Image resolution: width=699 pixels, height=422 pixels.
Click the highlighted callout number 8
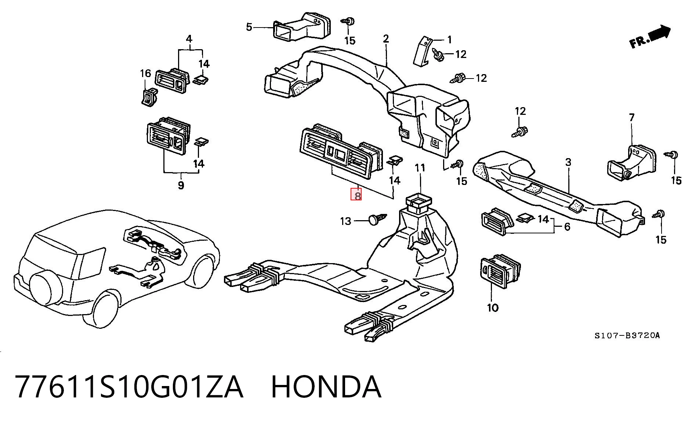[356, 194]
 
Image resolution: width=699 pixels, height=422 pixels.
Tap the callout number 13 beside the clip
[346, 221]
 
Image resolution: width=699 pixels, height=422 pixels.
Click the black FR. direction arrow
[659, 33]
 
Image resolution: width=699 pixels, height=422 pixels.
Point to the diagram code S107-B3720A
[627, 335]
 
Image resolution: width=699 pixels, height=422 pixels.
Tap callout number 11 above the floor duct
[420, 168]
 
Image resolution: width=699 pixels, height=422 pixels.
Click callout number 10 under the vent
[492, 308]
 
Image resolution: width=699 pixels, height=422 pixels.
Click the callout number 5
[249, 27]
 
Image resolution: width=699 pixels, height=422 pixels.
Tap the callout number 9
[181, 185]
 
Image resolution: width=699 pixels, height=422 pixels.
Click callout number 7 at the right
[631, 117]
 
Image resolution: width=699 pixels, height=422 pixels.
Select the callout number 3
[568, 162]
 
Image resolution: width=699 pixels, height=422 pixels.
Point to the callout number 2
[386, 39]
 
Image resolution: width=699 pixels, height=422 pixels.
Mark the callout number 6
[567, 227]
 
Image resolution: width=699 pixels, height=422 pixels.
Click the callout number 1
[449, 40]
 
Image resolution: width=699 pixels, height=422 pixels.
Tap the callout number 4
[189, 39]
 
